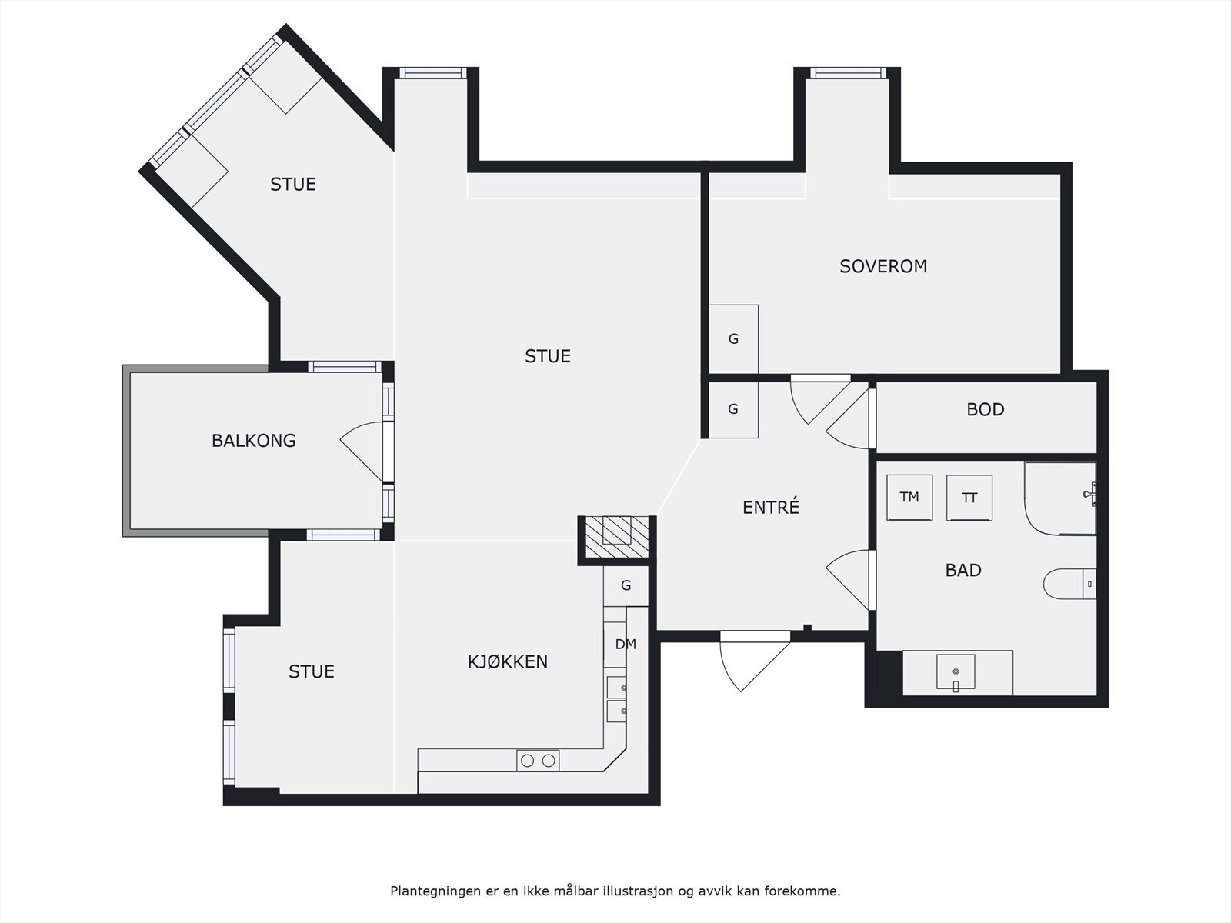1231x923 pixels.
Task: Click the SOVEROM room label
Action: click(x=883, y=266)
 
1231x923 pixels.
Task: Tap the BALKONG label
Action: click(x=253, y=441)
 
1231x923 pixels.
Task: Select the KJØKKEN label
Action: click(x=508, y=661)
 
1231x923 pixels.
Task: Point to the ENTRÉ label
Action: click(x=771, y=507)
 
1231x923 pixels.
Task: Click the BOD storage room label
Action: click(x=986, y=410)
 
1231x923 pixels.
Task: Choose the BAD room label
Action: click(x=963, y=570)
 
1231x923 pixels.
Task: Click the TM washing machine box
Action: click(x=909, y=497)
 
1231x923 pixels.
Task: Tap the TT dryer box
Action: click(x=969, y=498)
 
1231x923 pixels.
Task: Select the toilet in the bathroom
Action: click(x=1069, y=584)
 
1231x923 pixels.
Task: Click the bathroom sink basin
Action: click(x=956, y=672)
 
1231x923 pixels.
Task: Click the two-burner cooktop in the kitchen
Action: click(x=538, y=761)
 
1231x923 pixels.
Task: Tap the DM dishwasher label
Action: click(x=626, y=645)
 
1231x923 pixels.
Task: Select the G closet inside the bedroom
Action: click(x=733, y=339)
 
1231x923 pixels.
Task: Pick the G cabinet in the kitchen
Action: click(x=626, y=585)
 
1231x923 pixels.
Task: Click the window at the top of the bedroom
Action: click(x=849, y=73)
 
